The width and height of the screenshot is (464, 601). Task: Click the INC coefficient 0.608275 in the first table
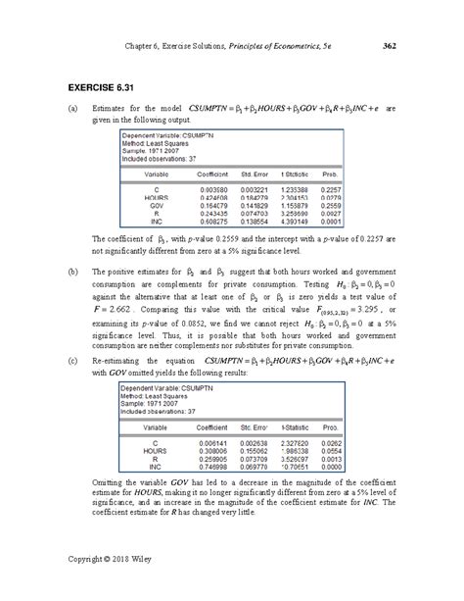pos(213,224)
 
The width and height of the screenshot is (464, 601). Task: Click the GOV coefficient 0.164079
pos(213,207)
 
